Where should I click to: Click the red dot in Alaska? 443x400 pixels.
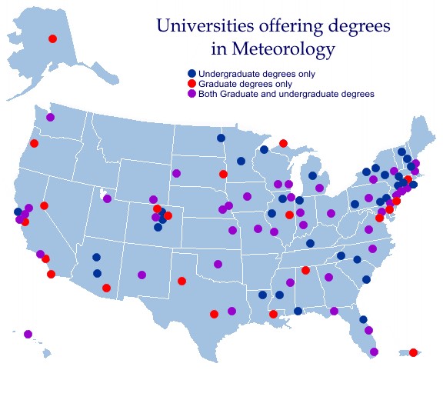(52, 38)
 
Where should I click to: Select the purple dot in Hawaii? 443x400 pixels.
(28, 334)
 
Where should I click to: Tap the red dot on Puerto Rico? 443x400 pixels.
(413, 352)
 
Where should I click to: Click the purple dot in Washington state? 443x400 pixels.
(50, 117)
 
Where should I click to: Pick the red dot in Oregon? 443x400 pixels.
(34, 143)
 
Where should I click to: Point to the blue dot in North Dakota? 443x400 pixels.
(221, 138)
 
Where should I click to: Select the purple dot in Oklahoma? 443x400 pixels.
(218, 264)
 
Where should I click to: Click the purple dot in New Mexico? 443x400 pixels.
(142, 275)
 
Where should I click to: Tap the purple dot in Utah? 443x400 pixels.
(107, 198)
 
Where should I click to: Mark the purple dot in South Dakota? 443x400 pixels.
(176, 173)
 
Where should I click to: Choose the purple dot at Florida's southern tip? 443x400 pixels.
(374, 352)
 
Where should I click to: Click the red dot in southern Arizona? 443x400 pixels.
(106, 288)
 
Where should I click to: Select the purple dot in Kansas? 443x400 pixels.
(232, 230)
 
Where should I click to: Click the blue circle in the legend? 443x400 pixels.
(192, 74)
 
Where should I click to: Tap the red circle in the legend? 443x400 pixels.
(192, 84)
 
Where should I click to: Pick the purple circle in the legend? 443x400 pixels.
(192, 94)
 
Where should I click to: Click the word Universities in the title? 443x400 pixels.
(199, 25)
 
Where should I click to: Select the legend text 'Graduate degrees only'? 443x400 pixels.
(245, 84)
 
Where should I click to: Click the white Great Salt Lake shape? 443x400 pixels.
(102, 192)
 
